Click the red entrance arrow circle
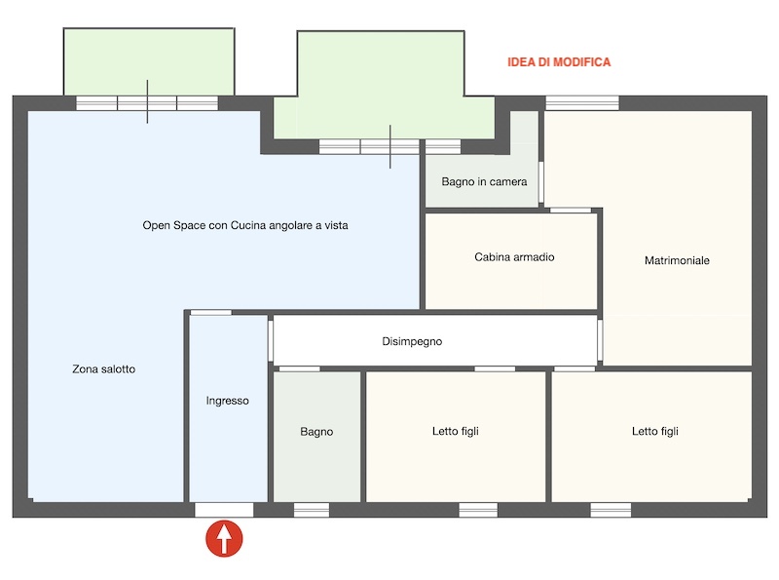tap(224, 538)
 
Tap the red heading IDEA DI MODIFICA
tap(559, 62)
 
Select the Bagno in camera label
tap(484, 181)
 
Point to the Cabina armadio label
tap(514, 257)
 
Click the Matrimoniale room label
tap(677, 260)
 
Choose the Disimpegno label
tap(412, 342)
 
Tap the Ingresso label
tap(228, 401)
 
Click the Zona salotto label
tap(104, 369)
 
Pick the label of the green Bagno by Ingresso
tap(316, 432)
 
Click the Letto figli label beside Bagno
tap(456, 431)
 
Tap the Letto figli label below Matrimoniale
tap(654, 431)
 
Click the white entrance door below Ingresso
tap(224, 510)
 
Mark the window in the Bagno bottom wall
tap(312, 510)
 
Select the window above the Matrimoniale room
tap(582, 103)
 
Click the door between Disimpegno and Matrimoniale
tap(600, 340)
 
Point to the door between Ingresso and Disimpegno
tap(271, 341)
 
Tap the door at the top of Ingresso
tap(211, 312)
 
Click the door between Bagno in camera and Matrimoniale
tap(541, 181)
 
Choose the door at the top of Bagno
tap(300, 368)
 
